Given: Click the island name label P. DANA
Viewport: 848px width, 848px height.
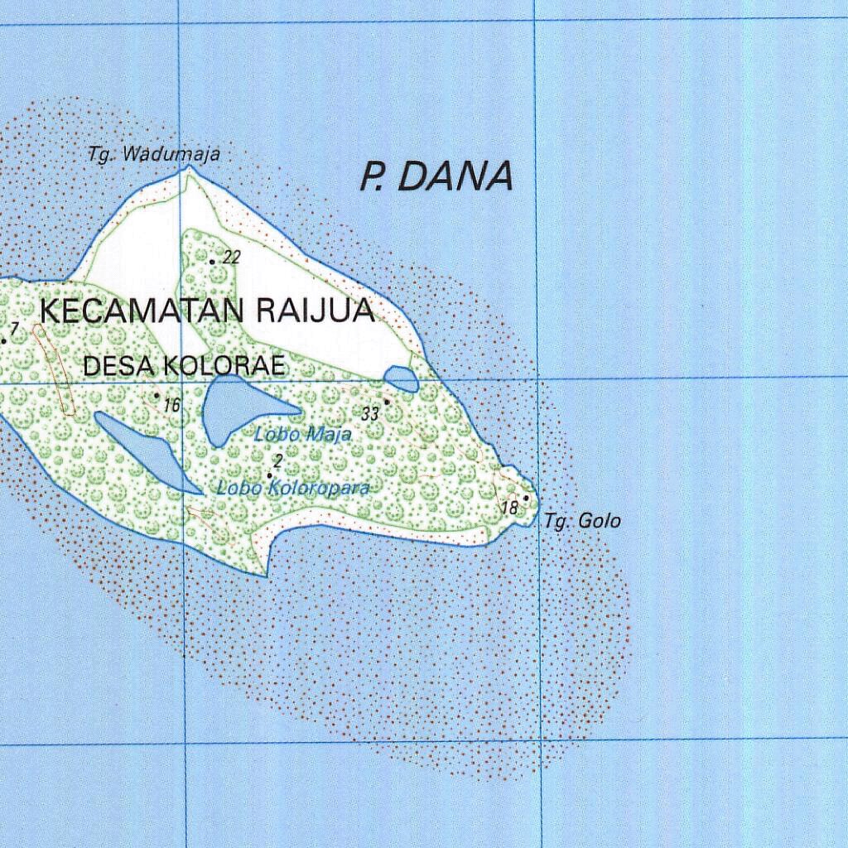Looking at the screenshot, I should click(x=436, y=176).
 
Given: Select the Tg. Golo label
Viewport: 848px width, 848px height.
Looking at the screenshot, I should click(x=582, y=521).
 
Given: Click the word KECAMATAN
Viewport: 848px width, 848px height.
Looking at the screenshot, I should click(x=142, y=312).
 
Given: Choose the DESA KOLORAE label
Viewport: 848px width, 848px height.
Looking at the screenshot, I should click(x=184, y=365).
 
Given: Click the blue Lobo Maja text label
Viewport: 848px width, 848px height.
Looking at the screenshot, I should click(x=303, y=433).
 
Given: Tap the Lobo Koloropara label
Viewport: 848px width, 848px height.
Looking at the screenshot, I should click(x=292, y=488).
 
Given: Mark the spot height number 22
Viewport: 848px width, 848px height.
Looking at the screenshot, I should click(x=232, y=258).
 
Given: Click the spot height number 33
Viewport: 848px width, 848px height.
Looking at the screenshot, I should click(x=369, y=413).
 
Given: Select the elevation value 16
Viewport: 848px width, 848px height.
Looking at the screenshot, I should click(x=171, y=405).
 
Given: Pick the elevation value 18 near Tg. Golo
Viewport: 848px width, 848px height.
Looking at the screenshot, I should click(x=510, y=507).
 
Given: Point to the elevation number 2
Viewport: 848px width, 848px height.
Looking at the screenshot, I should click(x=278, y=460).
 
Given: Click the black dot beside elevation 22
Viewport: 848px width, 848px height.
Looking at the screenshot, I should click(x=213, y=262).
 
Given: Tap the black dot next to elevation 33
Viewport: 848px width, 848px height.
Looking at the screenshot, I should click(x=386, y=402).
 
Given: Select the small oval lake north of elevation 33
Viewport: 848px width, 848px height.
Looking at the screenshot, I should click(x=402, y=379).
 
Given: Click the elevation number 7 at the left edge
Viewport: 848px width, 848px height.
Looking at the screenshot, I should click(x=14, y=329).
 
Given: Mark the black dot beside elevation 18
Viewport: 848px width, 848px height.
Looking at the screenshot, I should click(x=526, y=498).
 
